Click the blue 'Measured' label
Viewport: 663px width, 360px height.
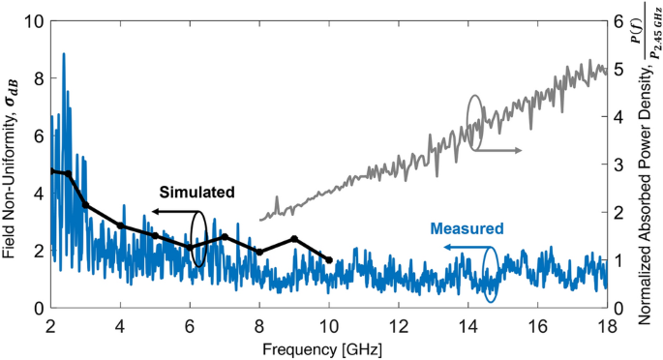(x=467, y=229)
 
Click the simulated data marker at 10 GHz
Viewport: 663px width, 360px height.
(x=329, y=260)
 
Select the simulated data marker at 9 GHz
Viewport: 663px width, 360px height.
(x=294, y=239)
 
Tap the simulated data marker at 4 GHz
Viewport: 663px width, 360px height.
(x=120, y=225)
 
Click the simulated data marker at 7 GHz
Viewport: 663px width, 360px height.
(x=225, y=236)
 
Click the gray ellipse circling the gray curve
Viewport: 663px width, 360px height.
(x=474, y=121)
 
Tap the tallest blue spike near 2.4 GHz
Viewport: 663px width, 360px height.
(x=64, y=55)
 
